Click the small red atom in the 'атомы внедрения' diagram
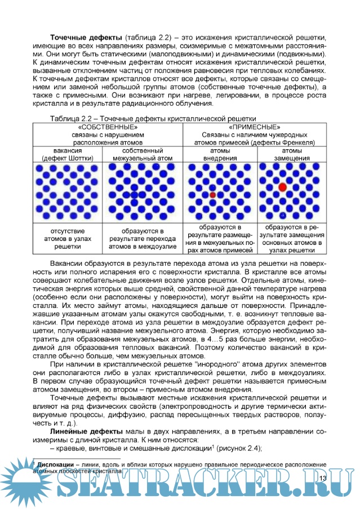point(213,194)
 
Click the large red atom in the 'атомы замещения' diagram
point(282,186)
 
